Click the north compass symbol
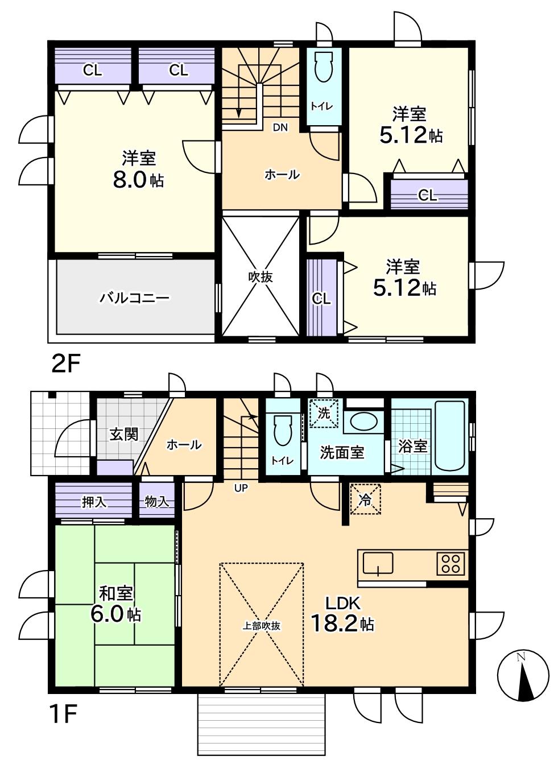coord(523,676)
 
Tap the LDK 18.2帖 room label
coord(342,614)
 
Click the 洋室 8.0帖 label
coord(138,170)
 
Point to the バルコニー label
coord(134,298)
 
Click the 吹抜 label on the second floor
coord(261,277)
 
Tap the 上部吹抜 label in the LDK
coord(262,626)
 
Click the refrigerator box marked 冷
coord(365,499)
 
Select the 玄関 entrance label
coord(123,434)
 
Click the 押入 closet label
coord(94,502)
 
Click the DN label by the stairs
coord(280,127)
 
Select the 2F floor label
coord(67,365)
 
